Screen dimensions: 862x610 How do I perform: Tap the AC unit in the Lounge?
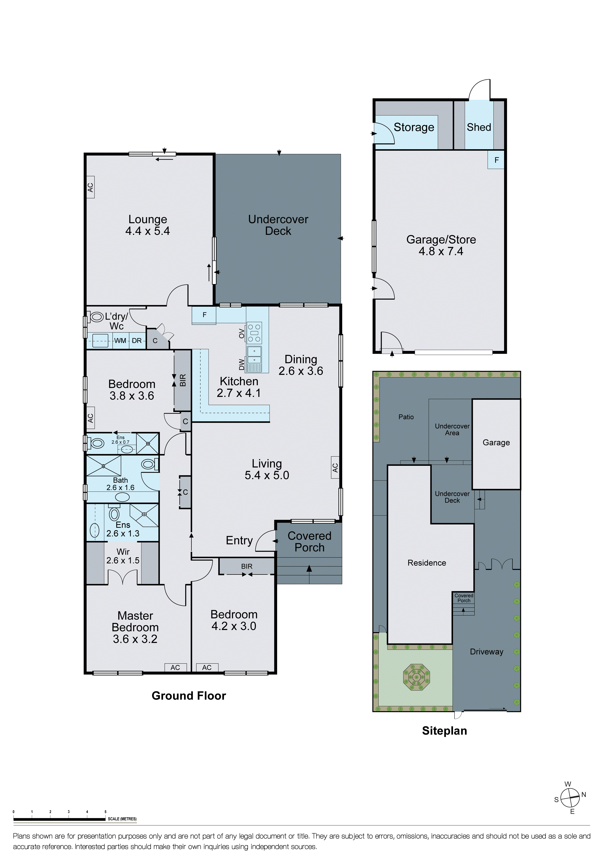(x=90, y=187)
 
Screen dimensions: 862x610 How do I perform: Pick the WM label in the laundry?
(x=120, y=340)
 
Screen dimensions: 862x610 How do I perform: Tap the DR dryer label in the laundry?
(x=137, y=340)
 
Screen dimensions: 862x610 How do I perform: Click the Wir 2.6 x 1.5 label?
(x=123, y=556)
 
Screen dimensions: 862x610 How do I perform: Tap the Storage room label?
(x=414, y=127)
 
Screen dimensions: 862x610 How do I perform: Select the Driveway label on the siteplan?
(x=486, y=652)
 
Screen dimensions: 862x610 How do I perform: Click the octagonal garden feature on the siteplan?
(x=416, y=678)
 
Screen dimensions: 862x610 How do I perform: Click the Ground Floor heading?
(x=188, y=696)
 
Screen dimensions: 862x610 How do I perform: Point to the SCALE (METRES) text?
(x=122, y=819)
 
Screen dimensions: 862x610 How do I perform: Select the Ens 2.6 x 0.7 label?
(x=120, y=440)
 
